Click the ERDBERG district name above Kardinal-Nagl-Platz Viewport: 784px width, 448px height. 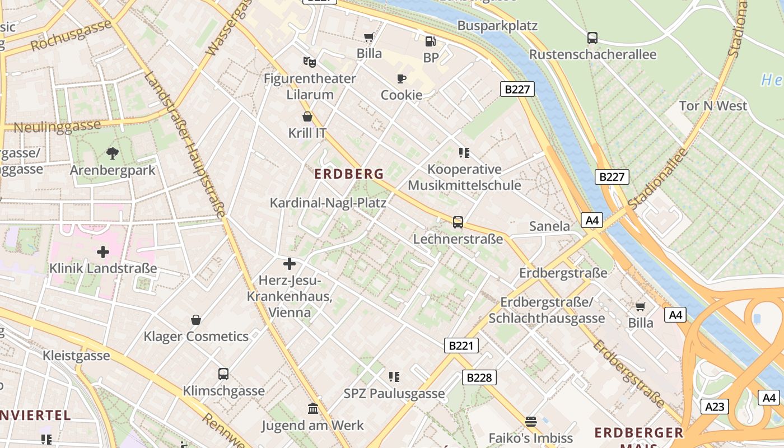click(x=349, y=174)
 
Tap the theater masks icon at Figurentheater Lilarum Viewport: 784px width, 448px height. click(x=309, y=62)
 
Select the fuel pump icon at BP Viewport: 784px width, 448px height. click(x=430, y=41)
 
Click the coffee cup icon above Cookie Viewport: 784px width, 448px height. click(x=401, y=78)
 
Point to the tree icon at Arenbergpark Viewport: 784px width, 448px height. click(x=112, y=153)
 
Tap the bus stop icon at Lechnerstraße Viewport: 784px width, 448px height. click(x=458, y=222)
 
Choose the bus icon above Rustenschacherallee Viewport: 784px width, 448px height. click(x=592, y=38)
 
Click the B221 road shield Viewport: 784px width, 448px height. click(x=461, y=346)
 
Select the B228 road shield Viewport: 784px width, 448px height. click(x=479, y=377)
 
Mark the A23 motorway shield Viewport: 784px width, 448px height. click(x=715, y=406)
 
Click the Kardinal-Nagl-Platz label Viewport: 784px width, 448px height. click(x=328, y=203)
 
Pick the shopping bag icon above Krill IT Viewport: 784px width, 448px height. click(x=307, y=116)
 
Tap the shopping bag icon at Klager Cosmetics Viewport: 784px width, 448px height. click(x=196, y=320)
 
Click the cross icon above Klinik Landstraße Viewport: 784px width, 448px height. click(x=102, y=252)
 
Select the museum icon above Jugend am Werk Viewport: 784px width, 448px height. click(x=312, y=409)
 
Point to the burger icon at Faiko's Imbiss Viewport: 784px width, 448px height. click(x=530, y=422)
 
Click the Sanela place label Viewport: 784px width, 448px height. click(x=549, y=226)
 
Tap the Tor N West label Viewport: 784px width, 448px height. click(x=713, y=106)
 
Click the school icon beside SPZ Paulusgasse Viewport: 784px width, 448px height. click(x=394, y=377)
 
